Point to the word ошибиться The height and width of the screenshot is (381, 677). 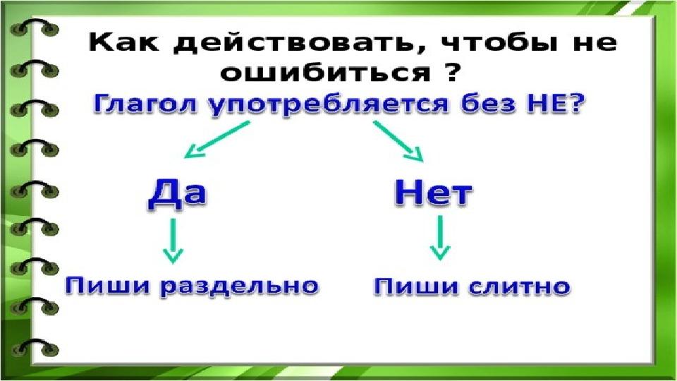(326, 73)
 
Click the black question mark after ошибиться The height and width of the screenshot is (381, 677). (451, 71)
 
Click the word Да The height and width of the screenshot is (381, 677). (177, 194)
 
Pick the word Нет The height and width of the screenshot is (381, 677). (433, 193)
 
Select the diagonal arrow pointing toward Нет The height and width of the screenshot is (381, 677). (398, 141)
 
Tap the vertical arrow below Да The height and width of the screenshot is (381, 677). (173, 241)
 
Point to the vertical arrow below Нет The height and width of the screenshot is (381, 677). (440, 238)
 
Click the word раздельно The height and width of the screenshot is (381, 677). (240, 287)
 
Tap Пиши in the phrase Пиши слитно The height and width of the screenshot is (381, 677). (416, 287)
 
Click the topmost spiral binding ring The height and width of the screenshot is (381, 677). (35, 27)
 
